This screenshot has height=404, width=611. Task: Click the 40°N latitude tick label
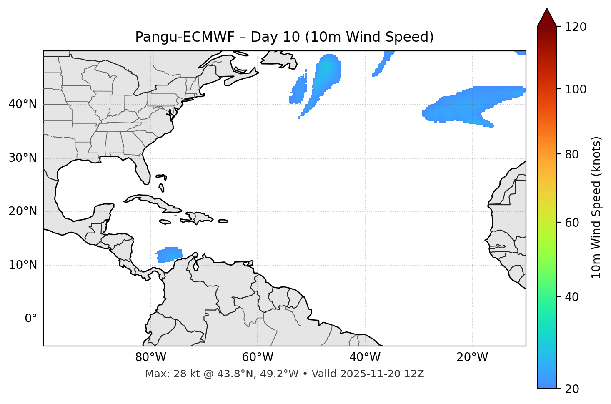click(23, 104)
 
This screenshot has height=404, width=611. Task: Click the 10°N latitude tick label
click(23, 265)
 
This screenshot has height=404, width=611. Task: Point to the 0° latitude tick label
click(31, 319)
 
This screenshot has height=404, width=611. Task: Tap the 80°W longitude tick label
click(150, 357)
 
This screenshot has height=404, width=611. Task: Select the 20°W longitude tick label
click(472, 357)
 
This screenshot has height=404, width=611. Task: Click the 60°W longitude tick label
click(258, 357)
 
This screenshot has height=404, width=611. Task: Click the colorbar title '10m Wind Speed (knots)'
click(596, 207)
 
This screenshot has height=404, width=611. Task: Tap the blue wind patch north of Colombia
click(170, 254)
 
